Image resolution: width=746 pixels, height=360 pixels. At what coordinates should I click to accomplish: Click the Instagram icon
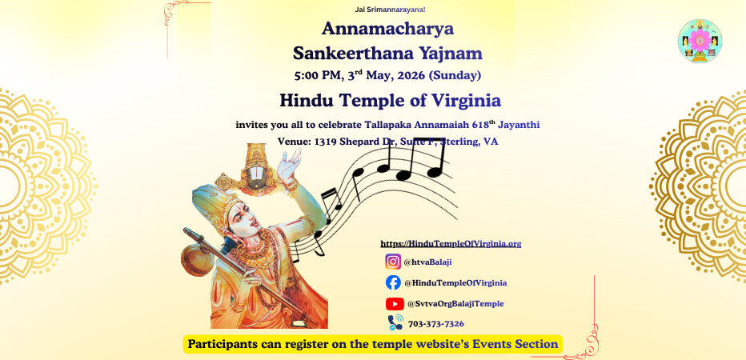tap(393, 262)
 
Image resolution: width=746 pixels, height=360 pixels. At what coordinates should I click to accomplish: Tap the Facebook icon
tap(393, 282)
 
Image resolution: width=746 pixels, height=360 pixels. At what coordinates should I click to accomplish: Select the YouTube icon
tap(395, 304)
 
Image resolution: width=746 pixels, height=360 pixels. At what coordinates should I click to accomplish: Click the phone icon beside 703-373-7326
tap(395, 322)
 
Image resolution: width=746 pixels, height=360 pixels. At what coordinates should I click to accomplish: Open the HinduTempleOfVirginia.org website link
tap(451, 243)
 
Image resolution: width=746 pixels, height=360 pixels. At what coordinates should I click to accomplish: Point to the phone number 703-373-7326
tap(436, 323)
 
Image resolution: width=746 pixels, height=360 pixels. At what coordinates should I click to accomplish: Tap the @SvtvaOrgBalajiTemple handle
tap(455, 304)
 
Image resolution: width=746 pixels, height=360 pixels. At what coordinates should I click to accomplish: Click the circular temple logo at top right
tap(700, 41)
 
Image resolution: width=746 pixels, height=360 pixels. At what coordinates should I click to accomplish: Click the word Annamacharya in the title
tap(387, 30)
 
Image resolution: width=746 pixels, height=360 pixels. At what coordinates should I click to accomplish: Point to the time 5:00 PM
tap(318, 77)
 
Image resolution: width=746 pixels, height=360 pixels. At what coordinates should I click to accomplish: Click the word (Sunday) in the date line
tap(455, 77)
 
